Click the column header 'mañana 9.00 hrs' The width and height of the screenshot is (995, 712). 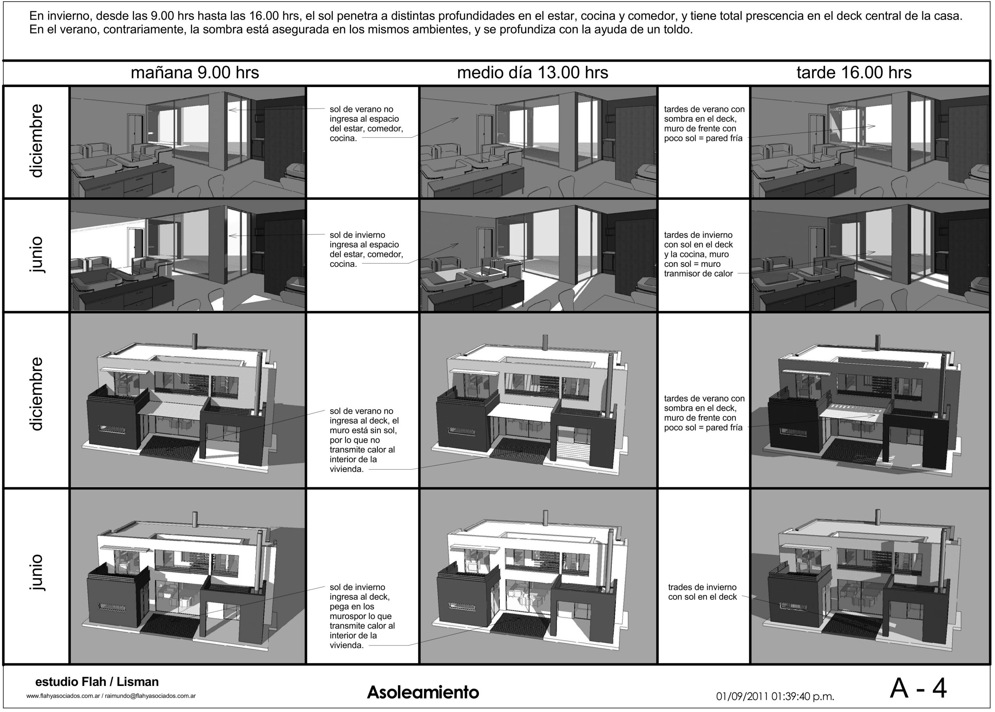[195, 72]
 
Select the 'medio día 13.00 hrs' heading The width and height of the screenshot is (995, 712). [532, 72]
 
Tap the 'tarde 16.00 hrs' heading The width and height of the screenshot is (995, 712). [854, 72]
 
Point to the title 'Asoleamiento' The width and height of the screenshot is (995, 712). [423, 692]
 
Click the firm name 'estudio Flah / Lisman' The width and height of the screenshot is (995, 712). [97, 682]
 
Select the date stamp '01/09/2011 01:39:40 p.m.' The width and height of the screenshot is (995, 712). [775, 696]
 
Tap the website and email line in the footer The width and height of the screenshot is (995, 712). [111, 696]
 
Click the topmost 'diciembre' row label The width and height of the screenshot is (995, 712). [37, 141]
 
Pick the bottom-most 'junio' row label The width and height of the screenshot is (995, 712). [37, 572]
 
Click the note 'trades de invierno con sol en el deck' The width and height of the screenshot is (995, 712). [702, 592]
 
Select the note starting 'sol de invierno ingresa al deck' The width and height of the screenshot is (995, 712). [361, 616]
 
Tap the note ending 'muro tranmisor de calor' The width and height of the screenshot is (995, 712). [698, 254]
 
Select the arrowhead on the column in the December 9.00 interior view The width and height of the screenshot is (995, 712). [231, 110]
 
